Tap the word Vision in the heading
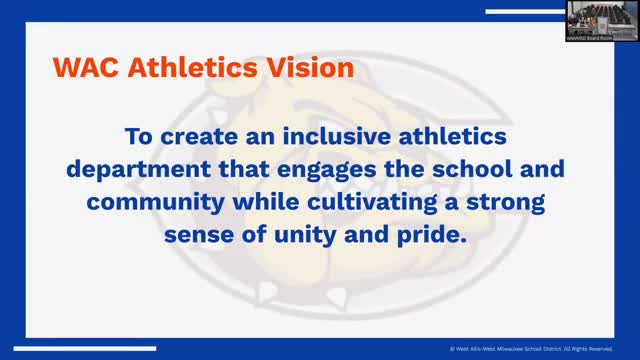coord(308,71)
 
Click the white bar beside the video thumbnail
coord(524,11)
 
